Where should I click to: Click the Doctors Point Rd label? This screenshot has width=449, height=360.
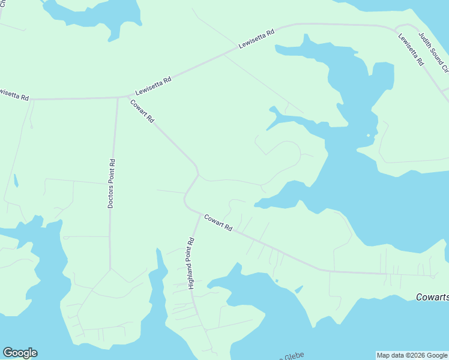tap(111, 184)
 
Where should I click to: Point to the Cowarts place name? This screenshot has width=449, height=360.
tap(432, 297)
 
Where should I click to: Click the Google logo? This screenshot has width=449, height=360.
tap(20, 353)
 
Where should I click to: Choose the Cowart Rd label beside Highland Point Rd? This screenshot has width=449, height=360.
tap(217, 223)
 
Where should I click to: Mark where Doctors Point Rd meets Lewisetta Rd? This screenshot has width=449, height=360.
tap(118, 97)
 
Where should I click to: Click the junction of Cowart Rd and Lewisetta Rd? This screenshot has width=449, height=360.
tap(128, 96)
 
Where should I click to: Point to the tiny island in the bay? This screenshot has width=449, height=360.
tap(369, 135)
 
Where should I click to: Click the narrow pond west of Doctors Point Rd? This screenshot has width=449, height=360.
tap(15, 180)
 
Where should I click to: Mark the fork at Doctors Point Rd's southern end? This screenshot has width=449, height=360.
tap(110, 268)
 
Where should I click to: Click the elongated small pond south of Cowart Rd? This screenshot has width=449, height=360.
tap(298, 290)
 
